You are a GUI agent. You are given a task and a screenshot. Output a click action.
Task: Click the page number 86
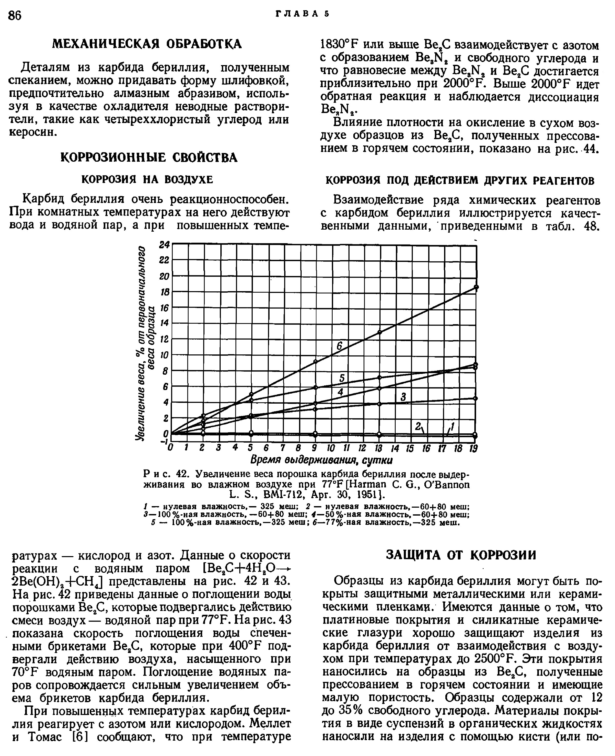15,16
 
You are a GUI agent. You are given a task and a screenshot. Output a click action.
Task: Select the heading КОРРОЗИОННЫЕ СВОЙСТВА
149,157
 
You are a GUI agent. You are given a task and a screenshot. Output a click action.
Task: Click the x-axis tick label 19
473,449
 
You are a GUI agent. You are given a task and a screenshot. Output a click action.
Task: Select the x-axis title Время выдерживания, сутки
321,461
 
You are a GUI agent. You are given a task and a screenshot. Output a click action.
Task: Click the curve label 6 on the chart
339,346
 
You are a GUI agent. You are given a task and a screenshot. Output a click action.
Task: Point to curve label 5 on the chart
342,378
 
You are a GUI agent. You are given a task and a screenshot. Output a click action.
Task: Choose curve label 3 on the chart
403,397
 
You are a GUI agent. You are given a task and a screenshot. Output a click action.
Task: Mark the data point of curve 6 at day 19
476,287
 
